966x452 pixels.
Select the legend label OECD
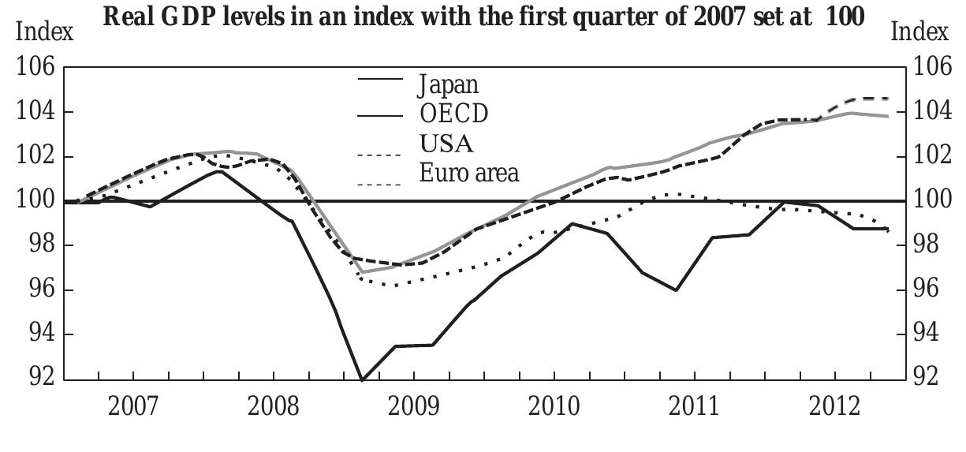pos(453,114)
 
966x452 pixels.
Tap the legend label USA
pos(446,144)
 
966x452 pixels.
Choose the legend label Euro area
pos(469,172)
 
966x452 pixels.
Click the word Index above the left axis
pos(45,32)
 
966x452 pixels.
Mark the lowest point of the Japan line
pos(362,380)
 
